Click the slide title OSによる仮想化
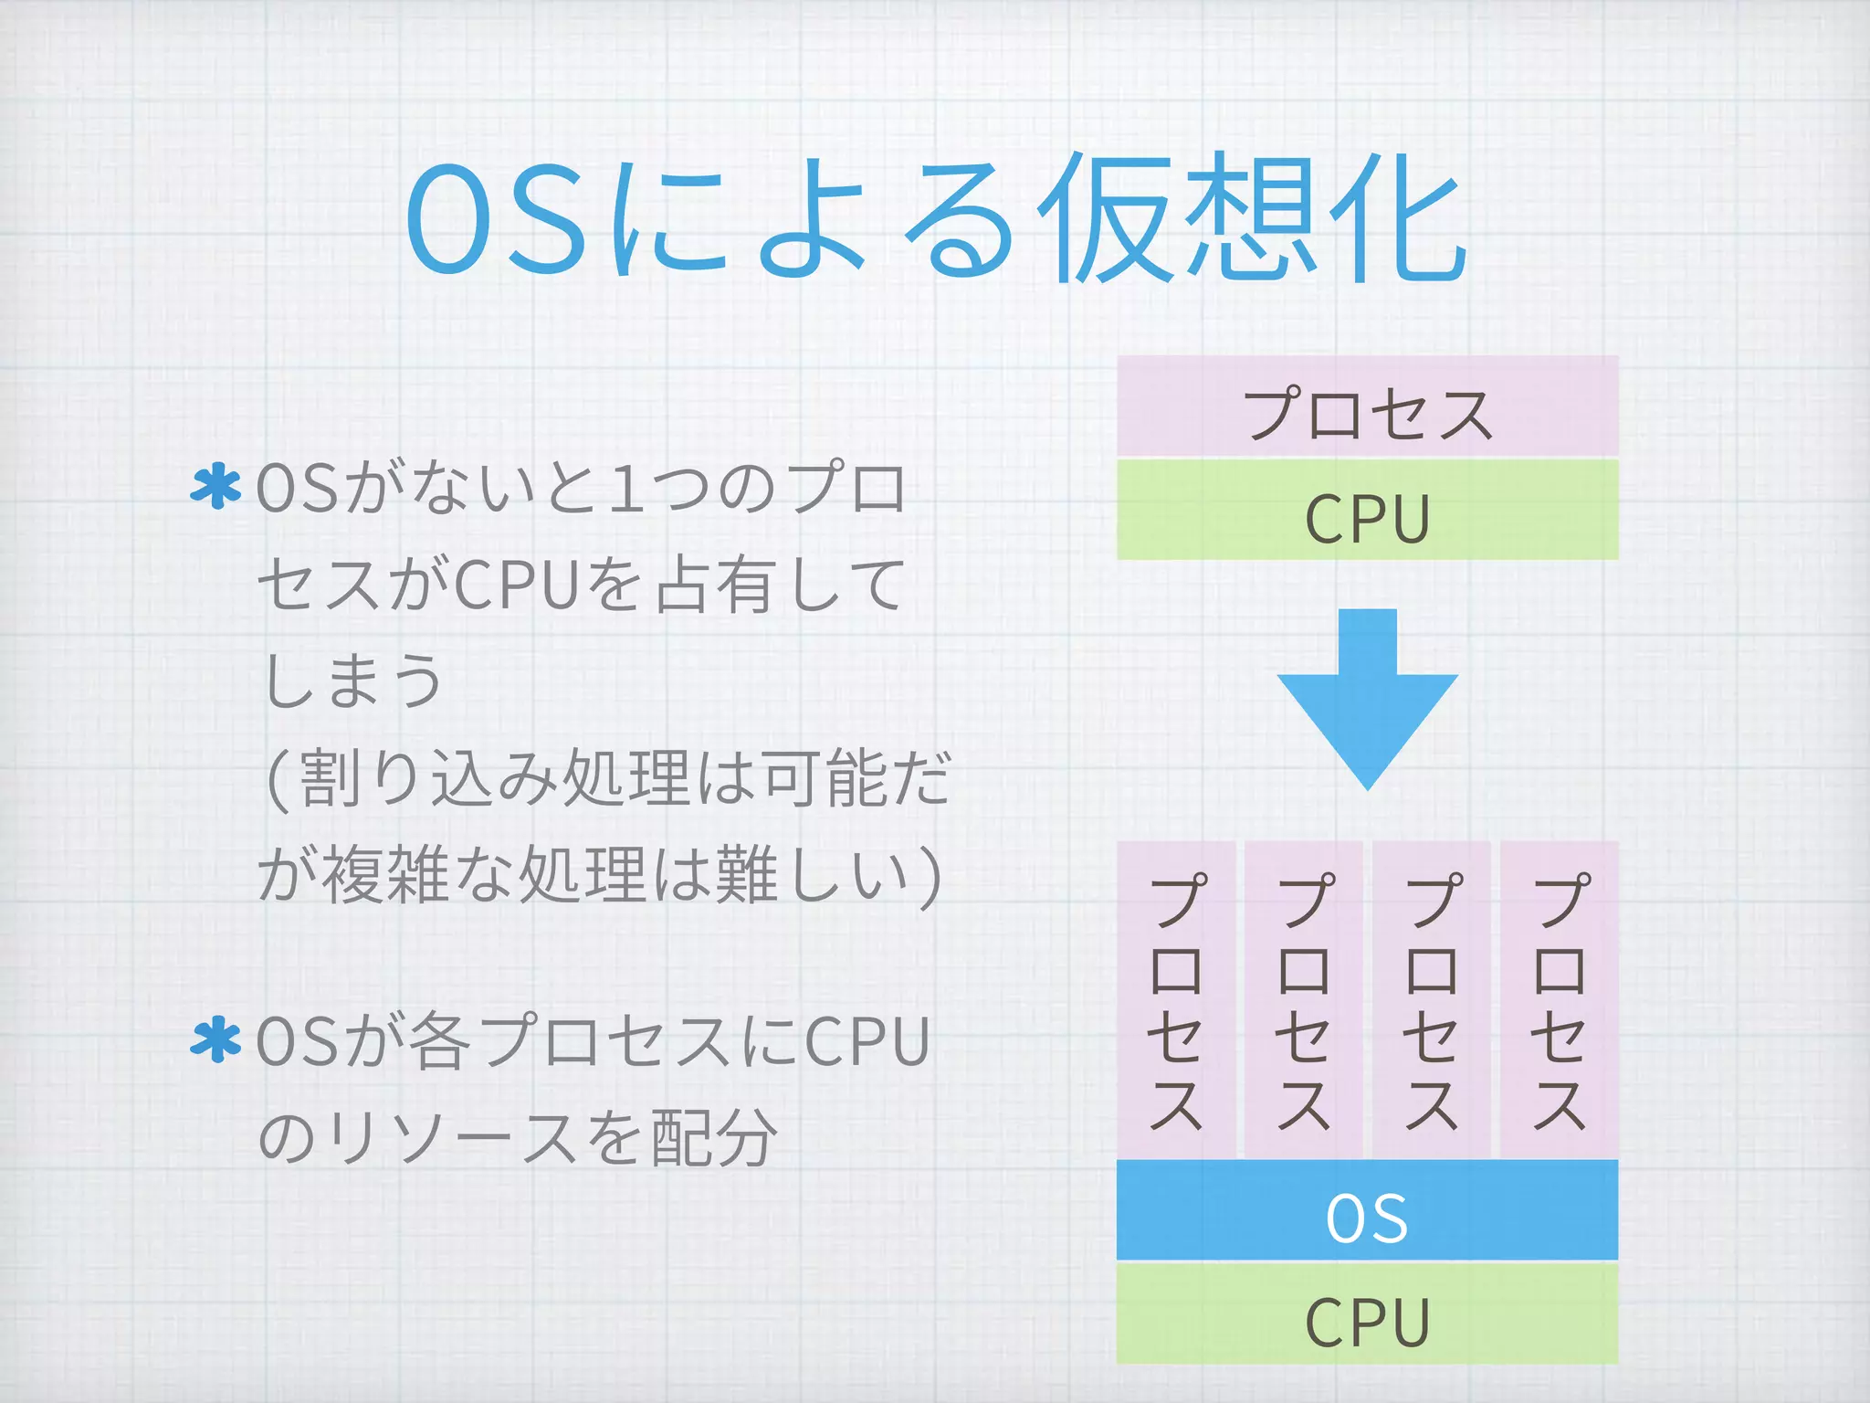point(935,219)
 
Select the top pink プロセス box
point(1367,407)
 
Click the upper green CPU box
point(1367,510)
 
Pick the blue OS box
point(1367,1211)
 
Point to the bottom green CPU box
point(1367,1313)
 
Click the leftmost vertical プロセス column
point(1176,1000)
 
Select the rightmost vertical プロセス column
point(1560,1000)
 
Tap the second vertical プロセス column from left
point(1304,1000)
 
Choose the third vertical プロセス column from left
point(1432,1000)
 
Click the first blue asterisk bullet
point(215,487)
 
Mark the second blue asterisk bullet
point(215,1041)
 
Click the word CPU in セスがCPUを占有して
point(516,585)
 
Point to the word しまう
point(352,681)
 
